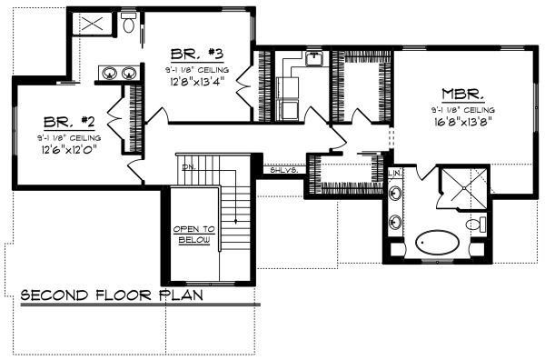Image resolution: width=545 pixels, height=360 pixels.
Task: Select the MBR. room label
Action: (462, 94)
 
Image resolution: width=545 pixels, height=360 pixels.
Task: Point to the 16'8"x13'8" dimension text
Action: (461, 123)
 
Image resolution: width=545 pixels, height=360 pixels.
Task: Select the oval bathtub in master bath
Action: (440, 244)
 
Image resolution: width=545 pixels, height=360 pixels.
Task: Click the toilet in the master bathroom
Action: (473, 224)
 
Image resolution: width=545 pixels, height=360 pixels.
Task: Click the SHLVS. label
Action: (278, 169)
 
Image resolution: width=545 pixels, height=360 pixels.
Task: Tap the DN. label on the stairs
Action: (188, 166)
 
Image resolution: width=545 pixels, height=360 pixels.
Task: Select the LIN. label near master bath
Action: (396, 172)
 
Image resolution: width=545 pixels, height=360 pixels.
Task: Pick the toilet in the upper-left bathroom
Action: (128, 25)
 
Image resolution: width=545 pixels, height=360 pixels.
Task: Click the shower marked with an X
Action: (91, 24)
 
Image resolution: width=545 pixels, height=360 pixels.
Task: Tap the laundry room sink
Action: (313, 59)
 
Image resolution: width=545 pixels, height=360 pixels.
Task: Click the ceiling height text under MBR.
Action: (461, 109)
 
